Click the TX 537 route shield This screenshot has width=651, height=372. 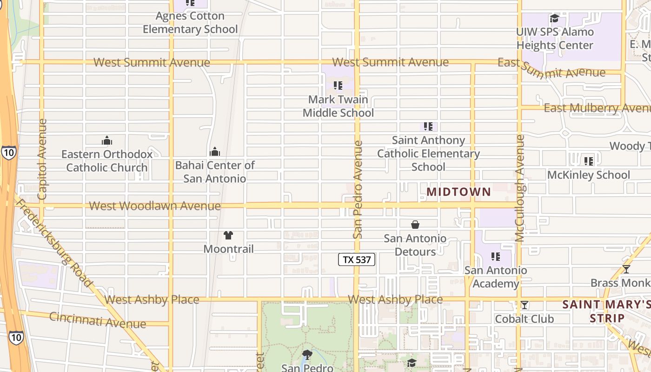357,259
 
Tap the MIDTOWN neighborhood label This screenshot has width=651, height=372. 458,192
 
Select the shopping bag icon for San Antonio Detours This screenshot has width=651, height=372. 415,225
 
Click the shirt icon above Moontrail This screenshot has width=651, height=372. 228,235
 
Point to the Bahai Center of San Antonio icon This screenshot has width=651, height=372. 215,152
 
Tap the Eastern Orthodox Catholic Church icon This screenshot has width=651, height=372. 107,140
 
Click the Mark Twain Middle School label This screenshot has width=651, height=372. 338,106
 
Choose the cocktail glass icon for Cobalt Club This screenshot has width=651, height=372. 525,305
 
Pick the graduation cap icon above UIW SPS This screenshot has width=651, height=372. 554,19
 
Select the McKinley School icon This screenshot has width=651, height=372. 589,161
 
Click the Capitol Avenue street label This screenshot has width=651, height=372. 42,159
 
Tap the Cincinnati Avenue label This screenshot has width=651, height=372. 98,320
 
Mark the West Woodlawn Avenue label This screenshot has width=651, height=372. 155,206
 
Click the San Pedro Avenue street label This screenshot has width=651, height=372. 357,189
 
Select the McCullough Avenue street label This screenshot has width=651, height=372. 520,188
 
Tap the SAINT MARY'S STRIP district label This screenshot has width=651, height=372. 606,311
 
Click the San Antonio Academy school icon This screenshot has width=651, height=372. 496,257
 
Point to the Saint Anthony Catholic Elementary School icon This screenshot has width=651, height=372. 428,126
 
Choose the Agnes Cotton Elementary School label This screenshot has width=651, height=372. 190,22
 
